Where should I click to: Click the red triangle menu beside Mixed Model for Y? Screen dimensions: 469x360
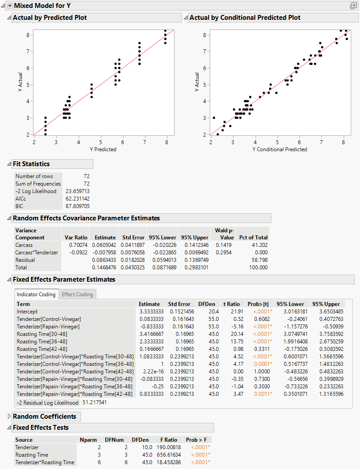[10, 6]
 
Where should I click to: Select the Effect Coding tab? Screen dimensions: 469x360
[77, 294]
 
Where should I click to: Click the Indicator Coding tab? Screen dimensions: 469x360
[36, 294]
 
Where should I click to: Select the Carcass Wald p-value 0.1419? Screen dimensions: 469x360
[223, 245]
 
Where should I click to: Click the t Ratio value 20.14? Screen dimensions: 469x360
[232, 334]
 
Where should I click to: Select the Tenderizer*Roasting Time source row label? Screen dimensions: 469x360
[45, 462]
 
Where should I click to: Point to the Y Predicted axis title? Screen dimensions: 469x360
[103, 149]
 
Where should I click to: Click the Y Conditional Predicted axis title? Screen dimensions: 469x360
[279, 149]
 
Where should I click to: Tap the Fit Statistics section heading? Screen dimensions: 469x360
[31, 164]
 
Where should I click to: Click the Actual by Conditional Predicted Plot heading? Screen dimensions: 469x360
[245, 18]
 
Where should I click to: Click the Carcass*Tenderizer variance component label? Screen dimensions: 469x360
[37, 252]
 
